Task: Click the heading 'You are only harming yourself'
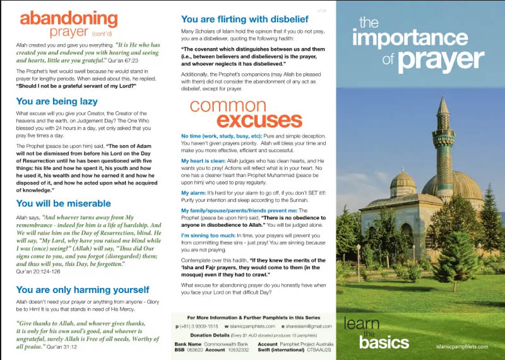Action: [x=82, y=290]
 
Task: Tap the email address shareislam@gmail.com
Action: [x=307, y=325]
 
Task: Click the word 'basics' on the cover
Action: [x=384, y=342]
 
